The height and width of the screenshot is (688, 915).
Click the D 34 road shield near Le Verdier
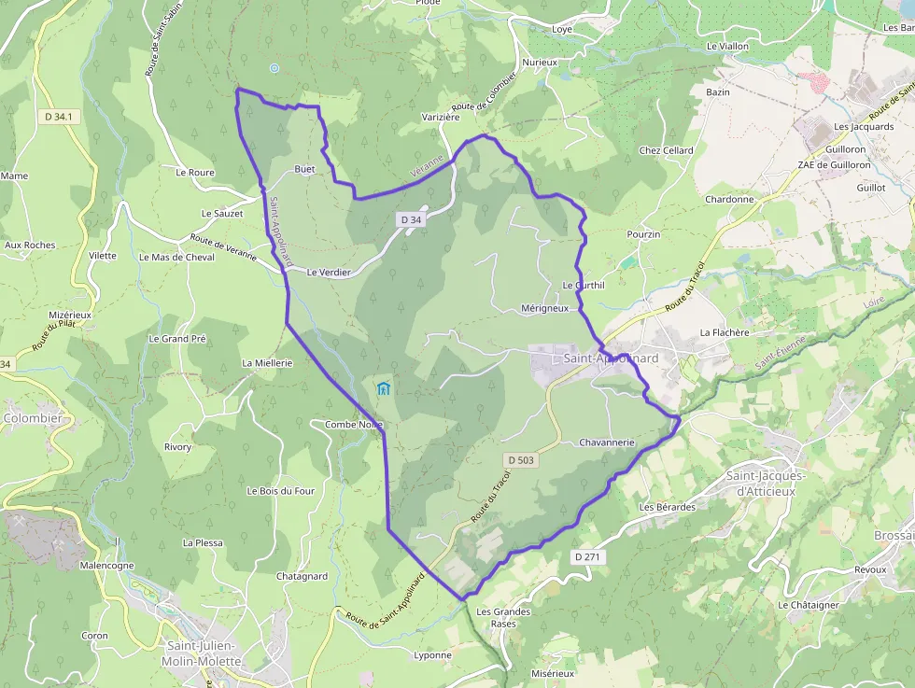[410, 219]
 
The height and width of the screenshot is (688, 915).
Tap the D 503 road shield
[522, 460]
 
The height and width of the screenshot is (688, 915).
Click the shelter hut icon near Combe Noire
[383, 387]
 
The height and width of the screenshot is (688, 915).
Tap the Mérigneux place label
[544, 308]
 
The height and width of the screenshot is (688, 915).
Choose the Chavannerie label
[607, 442]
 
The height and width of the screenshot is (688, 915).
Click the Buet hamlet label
[304, 170]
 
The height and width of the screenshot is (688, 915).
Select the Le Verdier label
[329, 273]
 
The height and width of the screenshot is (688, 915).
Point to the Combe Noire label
[354, 425]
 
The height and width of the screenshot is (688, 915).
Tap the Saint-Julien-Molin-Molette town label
[202, 653]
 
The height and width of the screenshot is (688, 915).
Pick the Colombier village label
[33, 418]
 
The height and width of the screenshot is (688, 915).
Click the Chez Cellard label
[666, 150]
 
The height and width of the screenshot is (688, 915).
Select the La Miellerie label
[267, 362]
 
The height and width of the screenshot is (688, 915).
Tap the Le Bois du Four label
[280, 491]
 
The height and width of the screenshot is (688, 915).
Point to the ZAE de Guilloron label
[834, 165]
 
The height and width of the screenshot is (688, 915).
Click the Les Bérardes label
[668, 507]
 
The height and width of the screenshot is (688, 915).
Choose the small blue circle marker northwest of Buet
[274, 68]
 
